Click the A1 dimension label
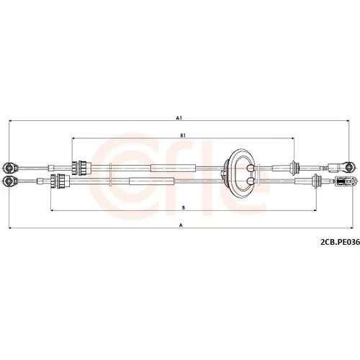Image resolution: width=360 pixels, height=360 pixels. [179, 118]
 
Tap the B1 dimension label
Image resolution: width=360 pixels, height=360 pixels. [183, 135]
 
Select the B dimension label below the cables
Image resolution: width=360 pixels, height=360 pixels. [183, 208]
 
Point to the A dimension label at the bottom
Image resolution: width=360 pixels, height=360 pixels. [181, 225]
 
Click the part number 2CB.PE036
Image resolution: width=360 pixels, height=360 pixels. [340, 243]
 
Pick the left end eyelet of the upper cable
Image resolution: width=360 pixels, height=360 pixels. [9, 168]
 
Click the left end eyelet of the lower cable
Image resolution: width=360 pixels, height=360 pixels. [9, 181]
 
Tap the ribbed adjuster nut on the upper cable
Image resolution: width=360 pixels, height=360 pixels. [81, 167]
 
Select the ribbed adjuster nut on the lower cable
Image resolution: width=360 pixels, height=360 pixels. [60, 181]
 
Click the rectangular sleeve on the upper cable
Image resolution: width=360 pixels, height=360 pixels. [173, 168]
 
